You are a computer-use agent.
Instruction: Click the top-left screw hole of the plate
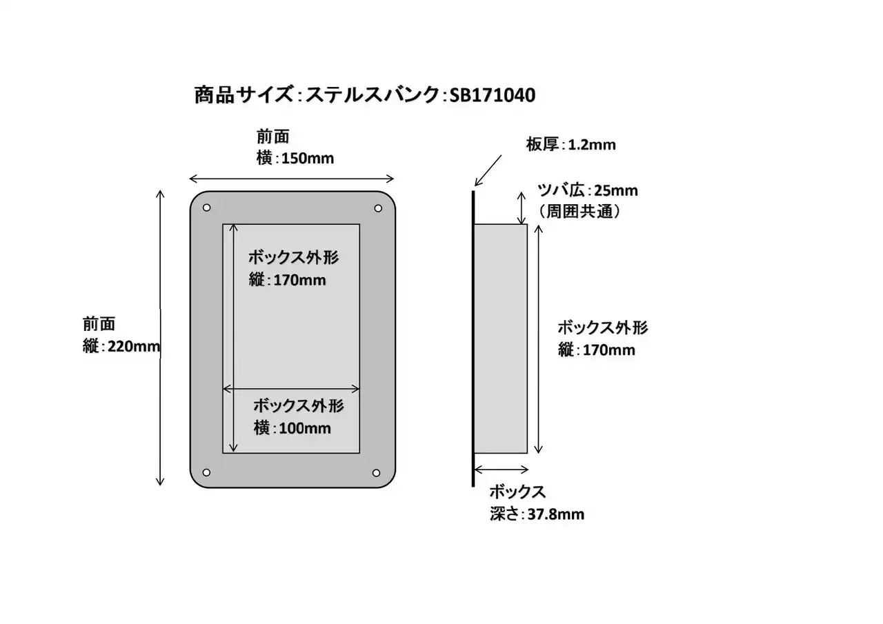pyautogui.click(x=206, y=208)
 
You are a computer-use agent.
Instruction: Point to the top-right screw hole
pyautogui.click(x=377, y=208)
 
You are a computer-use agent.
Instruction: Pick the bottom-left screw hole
pyautogui.click(x=206, y=472)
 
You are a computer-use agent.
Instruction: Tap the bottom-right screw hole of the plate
pyautogui.click(x=377, y=472)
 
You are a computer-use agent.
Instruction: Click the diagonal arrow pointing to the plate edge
pyautogui.click(x=489, y=170)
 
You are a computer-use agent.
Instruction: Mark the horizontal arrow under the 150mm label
pyautogui.click(x=292, y=178)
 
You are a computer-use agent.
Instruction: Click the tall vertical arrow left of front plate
pyautogui.click(x=161, y=338)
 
